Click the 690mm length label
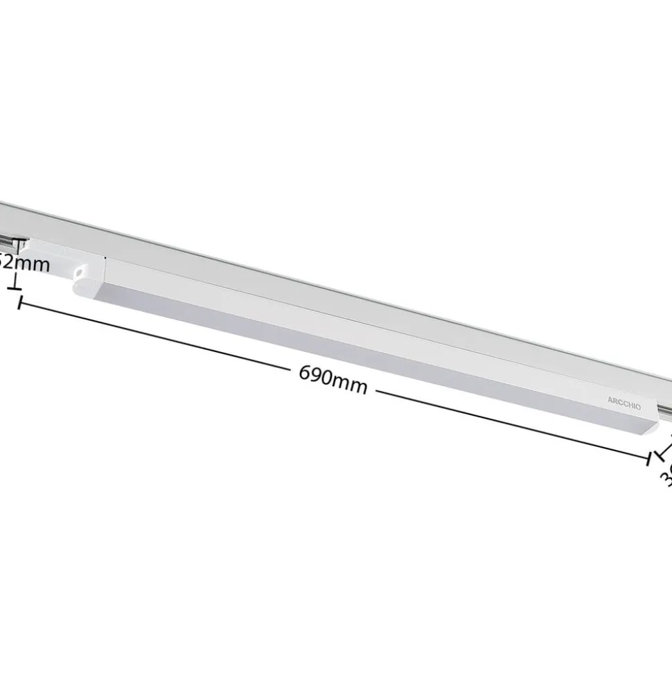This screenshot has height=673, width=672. coord(333,379)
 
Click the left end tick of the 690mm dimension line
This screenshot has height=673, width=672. coord(21,301)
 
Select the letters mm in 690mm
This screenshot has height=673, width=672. coord(351,383)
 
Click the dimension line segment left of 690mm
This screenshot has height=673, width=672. coord(159,336)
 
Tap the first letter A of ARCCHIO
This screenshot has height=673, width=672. coord(610,400)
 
